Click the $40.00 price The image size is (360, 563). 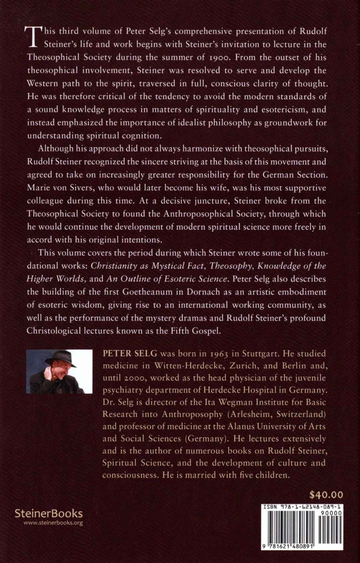pyautogui.click(x=326, y=495)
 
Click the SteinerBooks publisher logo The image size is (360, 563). pyautogui.click(x=49, y=513)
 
